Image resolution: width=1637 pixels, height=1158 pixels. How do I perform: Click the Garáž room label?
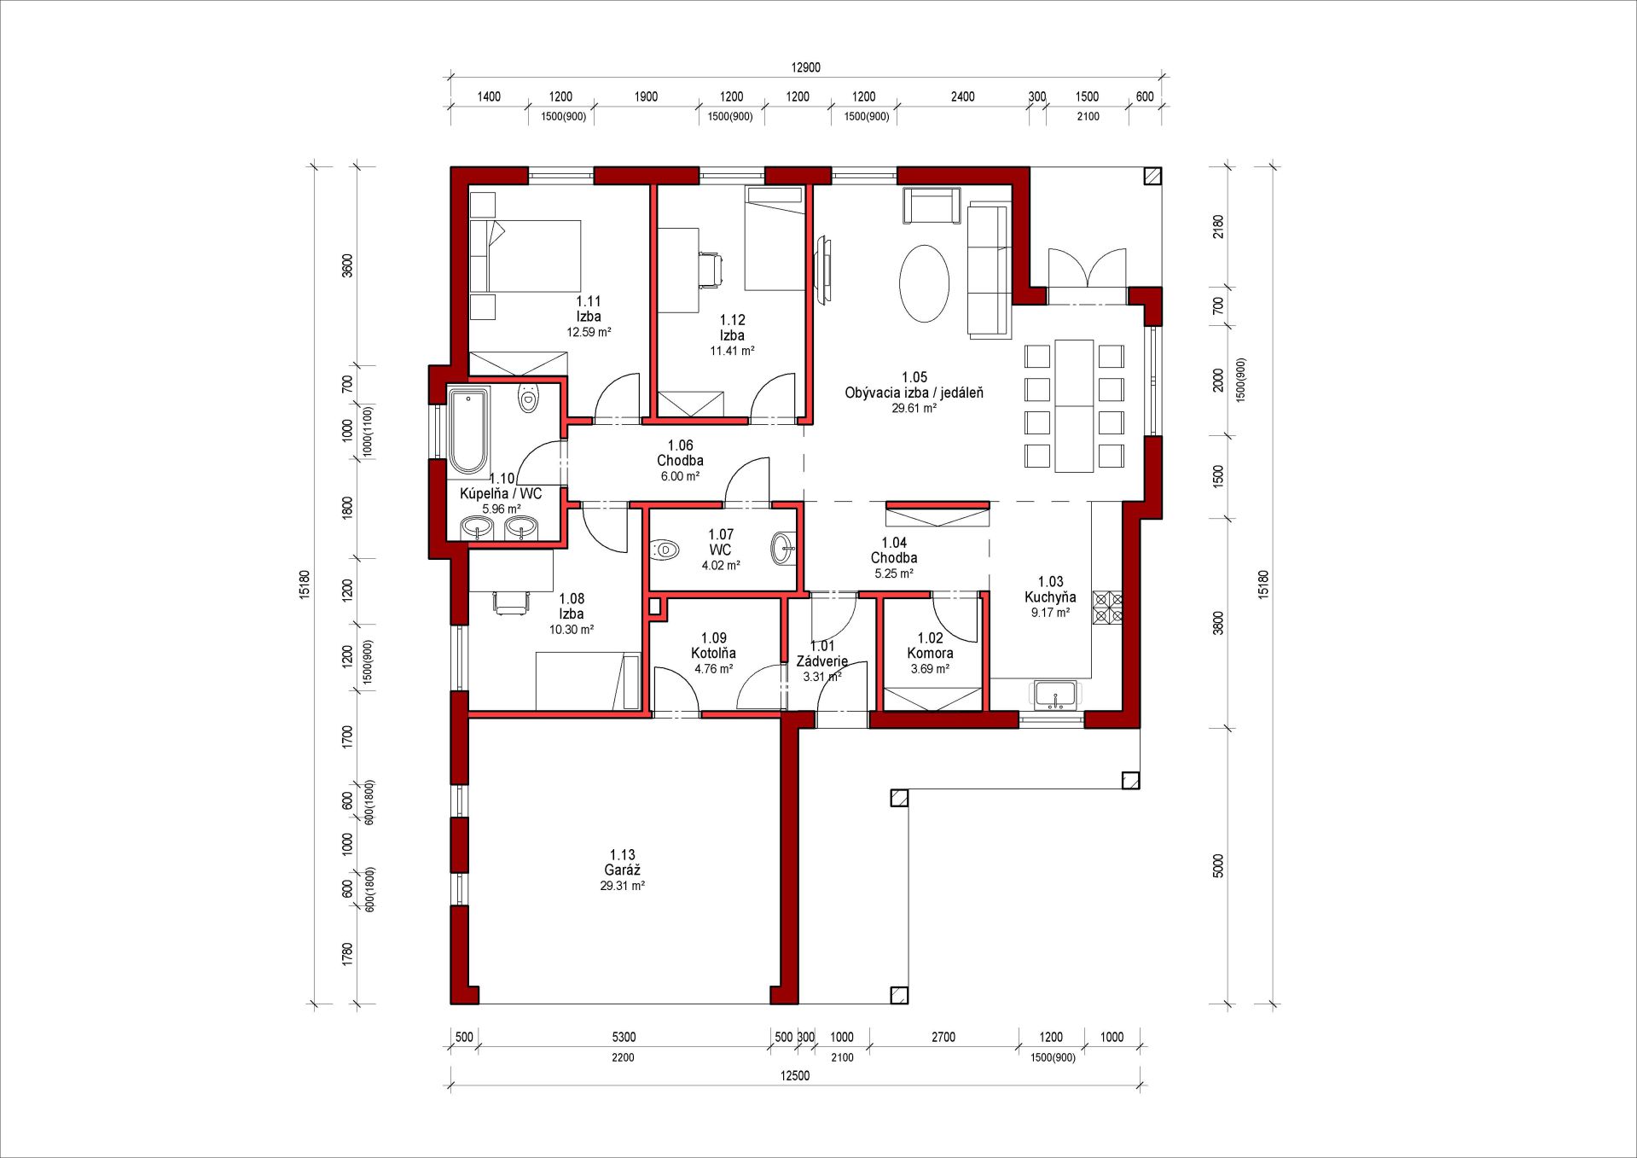click(622, 870)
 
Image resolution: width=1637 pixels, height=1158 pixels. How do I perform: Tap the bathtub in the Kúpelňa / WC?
click(467, 431)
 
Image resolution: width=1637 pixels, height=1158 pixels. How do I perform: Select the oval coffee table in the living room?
click(924, 283)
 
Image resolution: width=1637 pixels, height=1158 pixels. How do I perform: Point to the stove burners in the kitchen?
click(1107, 608)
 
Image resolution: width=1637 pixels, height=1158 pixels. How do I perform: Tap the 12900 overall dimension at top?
click(805, 67)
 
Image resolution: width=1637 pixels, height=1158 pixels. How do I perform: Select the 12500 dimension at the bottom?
click(795, 1075)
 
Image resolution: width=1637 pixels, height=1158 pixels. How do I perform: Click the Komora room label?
click(930, 654)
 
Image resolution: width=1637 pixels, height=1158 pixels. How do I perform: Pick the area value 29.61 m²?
click(914, 409)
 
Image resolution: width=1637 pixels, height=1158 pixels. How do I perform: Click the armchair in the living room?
click(932, 206)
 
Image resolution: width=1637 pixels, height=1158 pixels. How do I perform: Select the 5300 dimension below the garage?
click(624, 1037)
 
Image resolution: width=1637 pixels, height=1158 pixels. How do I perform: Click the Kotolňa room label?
click(713, 654)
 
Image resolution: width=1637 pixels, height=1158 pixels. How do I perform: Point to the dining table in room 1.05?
click(1074, 406)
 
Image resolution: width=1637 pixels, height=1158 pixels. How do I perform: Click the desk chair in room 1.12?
click(711, 269)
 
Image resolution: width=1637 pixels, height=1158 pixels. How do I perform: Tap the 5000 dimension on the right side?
click(1217, 866)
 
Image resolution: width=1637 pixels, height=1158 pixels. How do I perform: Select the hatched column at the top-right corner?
click(1152, 176)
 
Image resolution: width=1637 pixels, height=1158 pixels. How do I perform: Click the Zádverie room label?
click(822, 661)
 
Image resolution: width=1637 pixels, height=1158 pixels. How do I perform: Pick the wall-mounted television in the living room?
click(824, 270)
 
